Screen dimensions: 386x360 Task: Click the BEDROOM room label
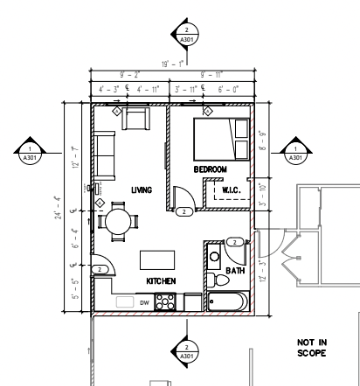[x=210, y=169]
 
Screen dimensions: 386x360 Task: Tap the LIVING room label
[x=142, y=190]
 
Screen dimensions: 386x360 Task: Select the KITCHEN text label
[x=161, y=281]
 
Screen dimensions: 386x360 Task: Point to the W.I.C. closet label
[x=231, y=190]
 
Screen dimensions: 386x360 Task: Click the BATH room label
[x=235, y=271]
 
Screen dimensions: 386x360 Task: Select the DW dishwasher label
[x=144, y=303]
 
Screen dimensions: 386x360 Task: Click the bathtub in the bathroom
[x=228, y=301]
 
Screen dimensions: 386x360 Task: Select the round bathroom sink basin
[x=215, y=257]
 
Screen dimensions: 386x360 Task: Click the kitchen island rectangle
[x=157, y=260]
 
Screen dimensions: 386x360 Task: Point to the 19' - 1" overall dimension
[x=173, y=64]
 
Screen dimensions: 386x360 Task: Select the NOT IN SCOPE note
[x=312, y=348]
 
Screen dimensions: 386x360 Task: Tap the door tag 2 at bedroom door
[x=184, y=212]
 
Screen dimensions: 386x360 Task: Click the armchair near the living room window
[x=136, y=118]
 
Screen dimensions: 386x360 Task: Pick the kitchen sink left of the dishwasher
[x=125, y=302]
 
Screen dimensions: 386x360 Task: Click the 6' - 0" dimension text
[x=228, y=89]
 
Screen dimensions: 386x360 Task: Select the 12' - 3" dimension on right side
[x=263, y=271]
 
